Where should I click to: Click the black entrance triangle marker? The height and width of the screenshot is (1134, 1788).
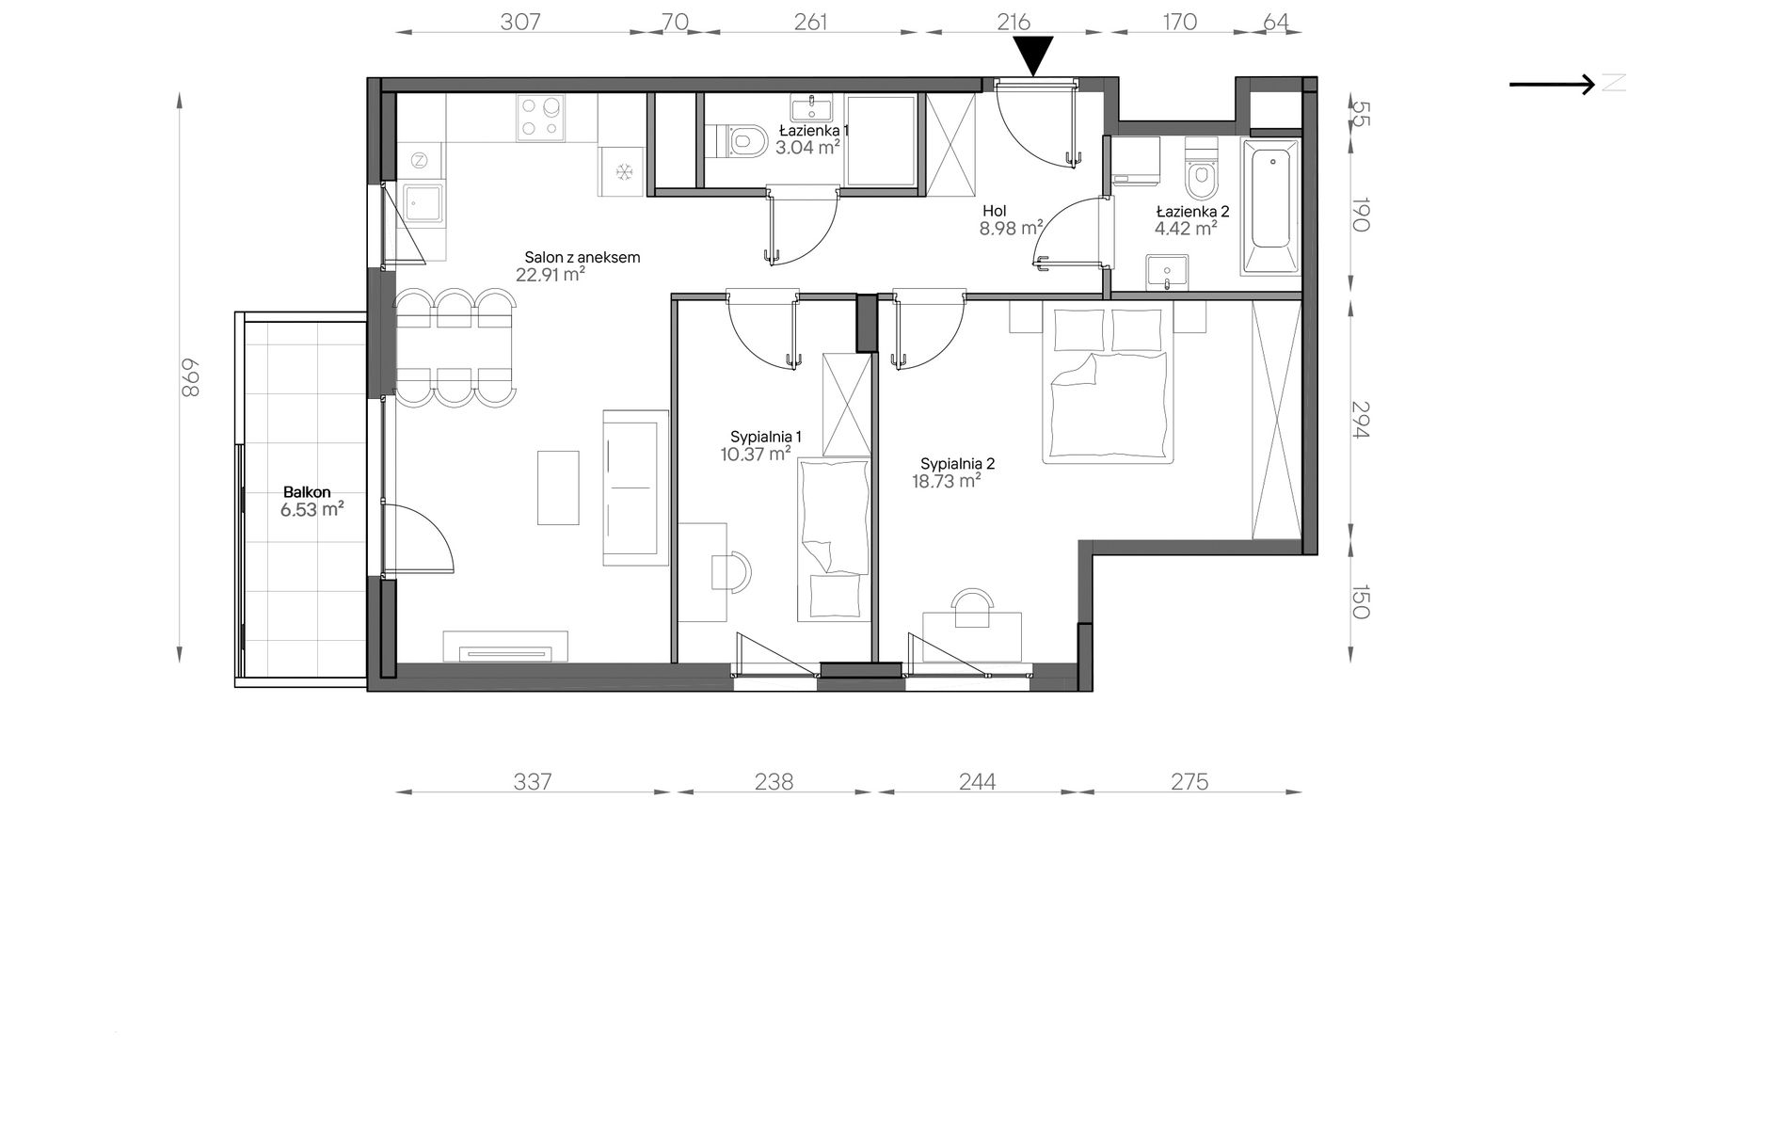click(1034, 56)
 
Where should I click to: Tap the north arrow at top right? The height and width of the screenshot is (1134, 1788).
click(1553, 85)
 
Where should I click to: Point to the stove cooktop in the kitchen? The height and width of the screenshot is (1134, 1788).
click(539, 118)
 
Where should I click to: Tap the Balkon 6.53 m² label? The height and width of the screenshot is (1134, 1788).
click(310, 502)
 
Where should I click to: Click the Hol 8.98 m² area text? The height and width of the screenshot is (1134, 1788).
click(1011, 220)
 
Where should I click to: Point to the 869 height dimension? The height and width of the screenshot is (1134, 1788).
click(190, 377)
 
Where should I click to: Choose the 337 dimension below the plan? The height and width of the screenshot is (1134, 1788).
click(532, 781)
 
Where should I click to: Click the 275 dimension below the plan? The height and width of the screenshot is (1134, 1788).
click(1189, 781)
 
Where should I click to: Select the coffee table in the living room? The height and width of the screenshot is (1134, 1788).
click(558, 487)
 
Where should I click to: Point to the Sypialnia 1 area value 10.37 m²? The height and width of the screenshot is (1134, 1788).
click(755, 455)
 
